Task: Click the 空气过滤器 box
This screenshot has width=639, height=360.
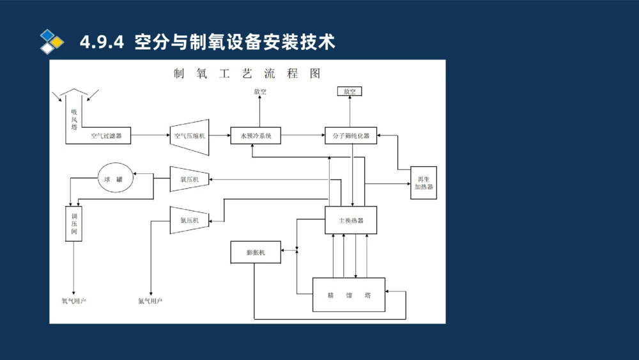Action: click(x=106, y=136)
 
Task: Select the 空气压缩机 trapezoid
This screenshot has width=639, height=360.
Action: click(x=190, y=136)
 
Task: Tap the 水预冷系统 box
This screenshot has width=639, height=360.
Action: click(x=256, y=136)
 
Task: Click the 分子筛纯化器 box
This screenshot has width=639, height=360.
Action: click(x=351, y=136)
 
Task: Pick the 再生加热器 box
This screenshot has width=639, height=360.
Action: click(x=423, y=183)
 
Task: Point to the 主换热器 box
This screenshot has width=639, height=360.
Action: click(x=351, y=220)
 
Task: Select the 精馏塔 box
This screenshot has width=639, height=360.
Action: click(x=349, y=295)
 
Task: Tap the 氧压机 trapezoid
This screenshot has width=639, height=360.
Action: click(x=190, y=180)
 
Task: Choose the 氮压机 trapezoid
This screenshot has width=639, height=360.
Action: click(x=190, y=220)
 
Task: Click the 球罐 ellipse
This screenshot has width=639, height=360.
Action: click(x=116, y=180)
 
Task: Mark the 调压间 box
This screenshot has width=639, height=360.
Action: click(x=74, y=224)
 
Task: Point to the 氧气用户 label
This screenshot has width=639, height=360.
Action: click(x=73, y=301)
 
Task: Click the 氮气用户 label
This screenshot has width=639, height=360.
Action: click(x=150, y=301)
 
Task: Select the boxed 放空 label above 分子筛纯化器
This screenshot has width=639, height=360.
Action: click(x=350, y=91)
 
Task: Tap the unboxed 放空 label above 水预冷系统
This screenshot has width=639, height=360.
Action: click(x=259, y=91)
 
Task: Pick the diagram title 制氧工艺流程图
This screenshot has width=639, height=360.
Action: click(x=247, y=73)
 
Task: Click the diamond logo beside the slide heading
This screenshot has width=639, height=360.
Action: click(x=51, y=42)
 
